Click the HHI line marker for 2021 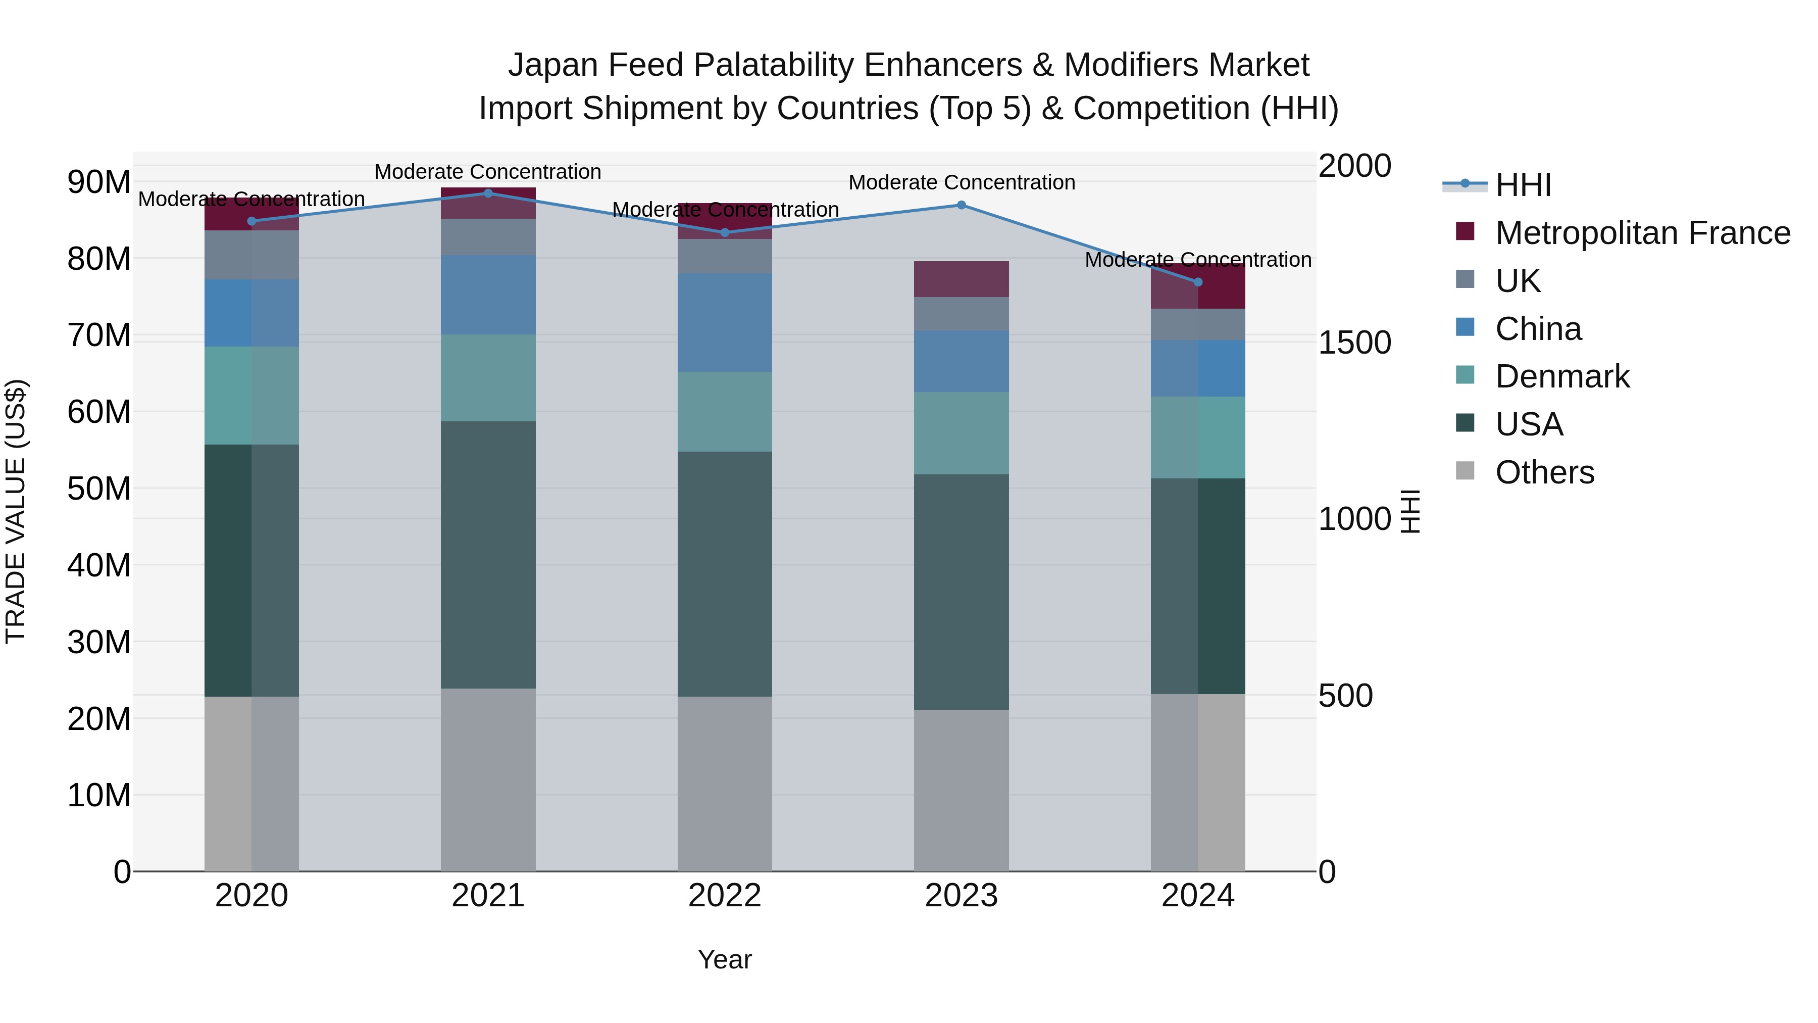488,193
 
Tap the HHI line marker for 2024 1198,282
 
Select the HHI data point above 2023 961,205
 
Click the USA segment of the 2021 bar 488,554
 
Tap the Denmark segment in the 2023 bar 961,433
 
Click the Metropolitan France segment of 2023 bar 961,279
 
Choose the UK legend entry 1518,280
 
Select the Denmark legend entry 1562,376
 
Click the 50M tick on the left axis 99,489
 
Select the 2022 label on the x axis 724,896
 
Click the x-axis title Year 724,959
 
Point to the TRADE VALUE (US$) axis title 16,511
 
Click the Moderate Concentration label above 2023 961,182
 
